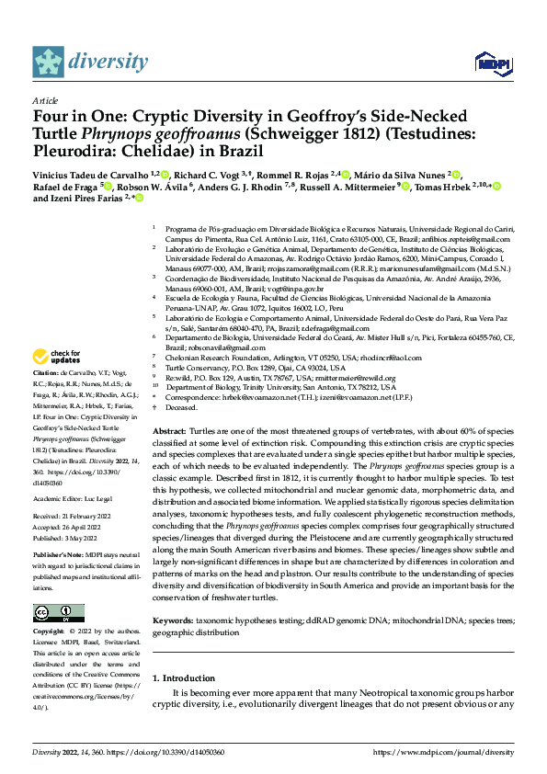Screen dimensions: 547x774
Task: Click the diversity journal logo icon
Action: (x=49, y=62)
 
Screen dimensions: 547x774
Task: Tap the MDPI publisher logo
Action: (x=488, y=62)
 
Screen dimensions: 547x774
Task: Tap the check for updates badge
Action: (x=57, y=356)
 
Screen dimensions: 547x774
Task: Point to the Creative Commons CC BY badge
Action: (x=59, y=613)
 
